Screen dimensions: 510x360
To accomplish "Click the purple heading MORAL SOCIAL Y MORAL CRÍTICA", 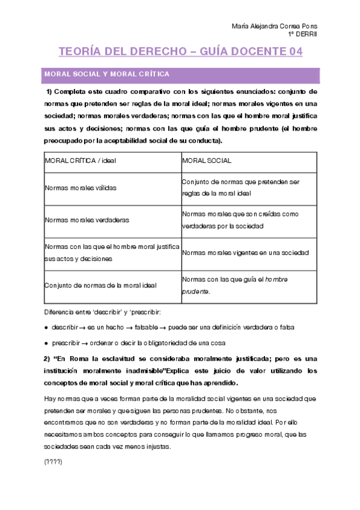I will pos(106,74).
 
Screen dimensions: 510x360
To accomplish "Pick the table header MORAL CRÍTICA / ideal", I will pos(81,161).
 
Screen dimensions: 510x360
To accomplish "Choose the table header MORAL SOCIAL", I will pos(207,161).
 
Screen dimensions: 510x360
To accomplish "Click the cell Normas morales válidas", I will pos(81,188).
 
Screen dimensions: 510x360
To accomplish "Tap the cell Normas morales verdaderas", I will pos(87,220).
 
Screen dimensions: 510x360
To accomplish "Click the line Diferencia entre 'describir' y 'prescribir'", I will pos(103,313).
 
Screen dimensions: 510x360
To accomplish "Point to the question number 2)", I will pos(49,358).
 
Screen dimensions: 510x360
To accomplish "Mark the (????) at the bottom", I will pos(53,462).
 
